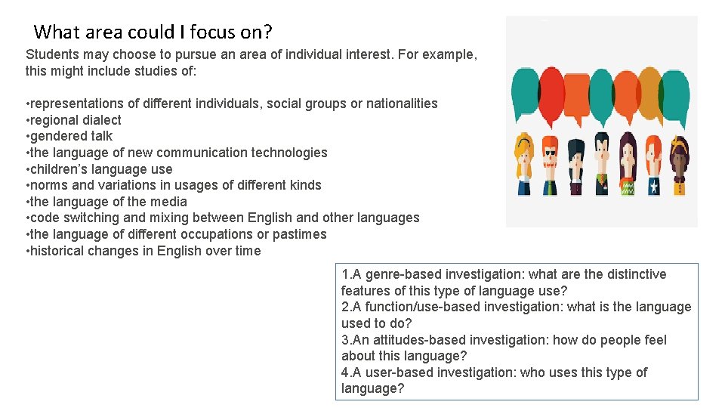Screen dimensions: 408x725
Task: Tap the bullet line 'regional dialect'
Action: tap(75, 120)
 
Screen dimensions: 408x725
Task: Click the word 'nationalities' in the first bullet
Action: tap(402, 104)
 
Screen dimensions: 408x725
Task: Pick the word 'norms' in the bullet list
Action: tap(47, 185)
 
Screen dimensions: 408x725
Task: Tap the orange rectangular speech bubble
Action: tap(576, 94)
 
